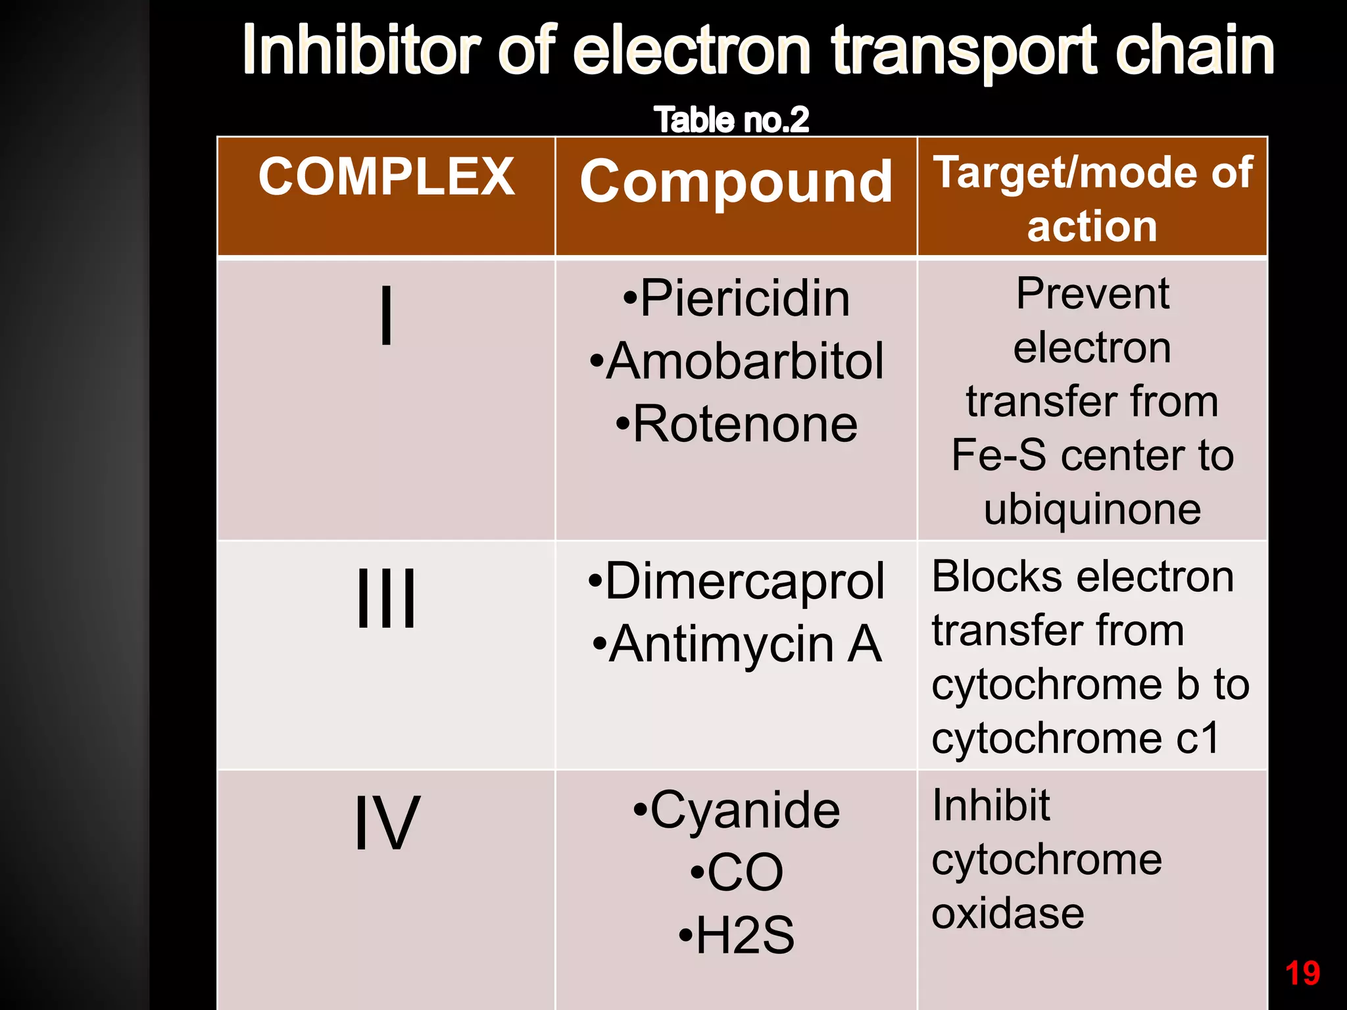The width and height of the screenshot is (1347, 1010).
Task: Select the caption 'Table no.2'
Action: click(731, 120)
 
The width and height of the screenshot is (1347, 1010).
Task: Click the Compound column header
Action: click(736, 181)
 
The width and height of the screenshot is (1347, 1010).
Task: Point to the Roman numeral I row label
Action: click(387, 316)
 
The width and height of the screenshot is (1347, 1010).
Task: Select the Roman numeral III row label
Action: click(387, 598)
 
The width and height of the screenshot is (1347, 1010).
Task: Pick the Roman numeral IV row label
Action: click(386, 822)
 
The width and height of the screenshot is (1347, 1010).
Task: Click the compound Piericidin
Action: click(737, 299)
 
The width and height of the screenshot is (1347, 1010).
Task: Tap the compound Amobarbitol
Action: click(737, 362)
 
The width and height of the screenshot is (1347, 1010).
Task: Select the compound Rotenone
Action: click(737, 424)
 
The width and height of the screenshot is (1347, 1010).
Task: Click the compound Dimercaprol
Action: click(737, 581)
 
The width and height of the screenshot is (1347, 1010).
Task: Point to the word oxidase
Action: click(1008, 913)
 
